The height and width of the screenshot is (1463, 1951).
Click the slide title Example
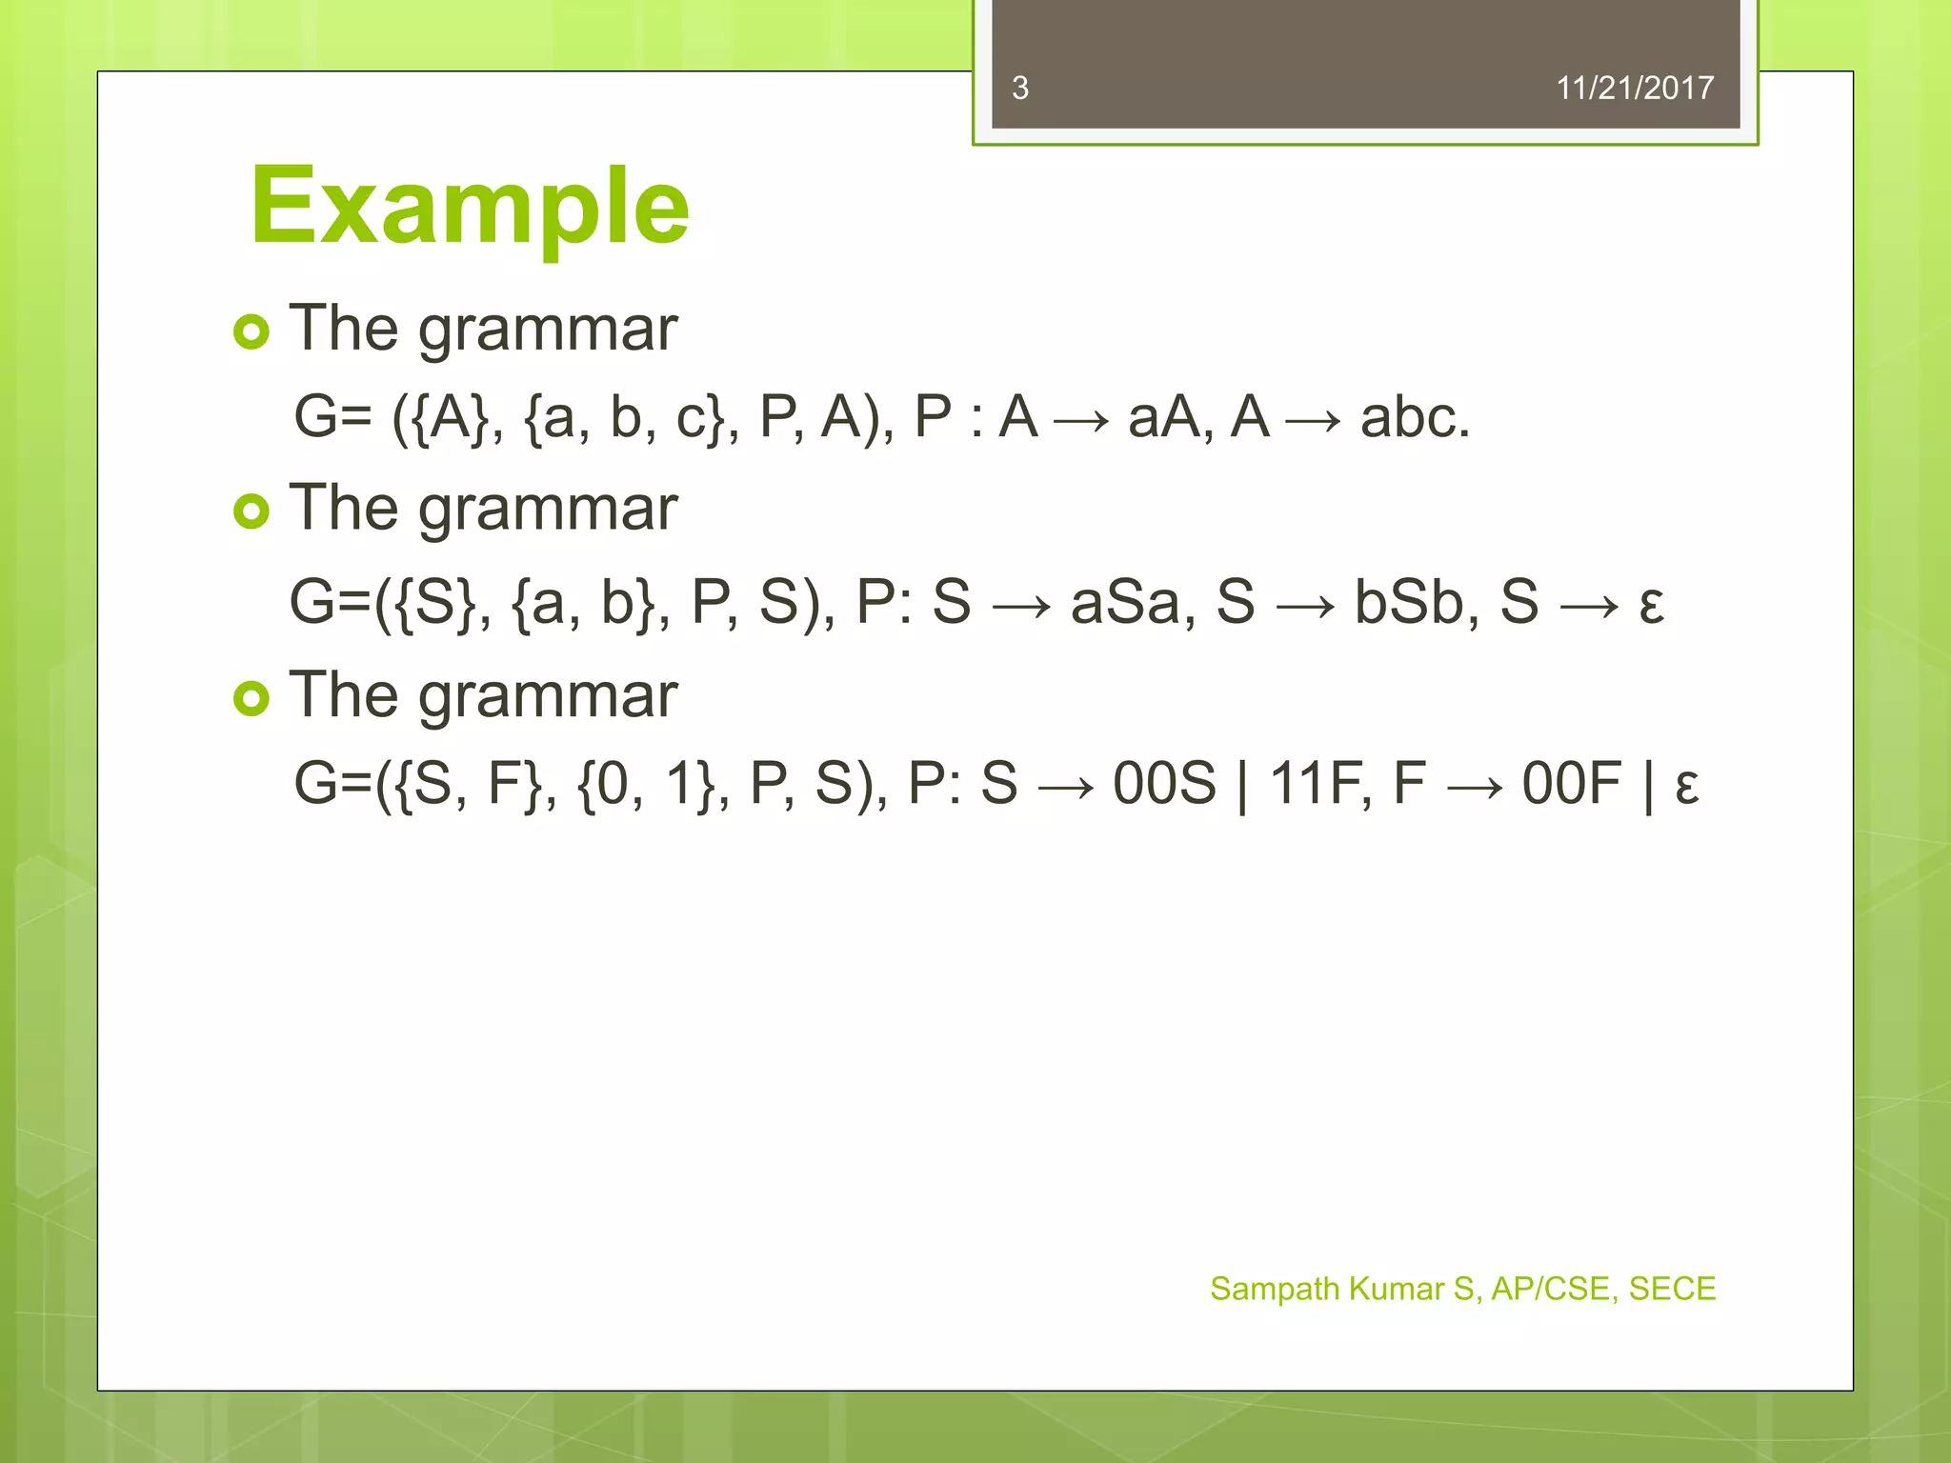click(469, 206)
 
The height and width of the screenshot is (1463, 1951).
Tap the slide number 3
click(1019, 89)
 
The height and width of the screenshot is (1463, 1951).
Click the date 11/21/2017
click(1634, 89)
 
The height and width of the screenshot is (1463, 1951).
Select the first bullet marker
click(251, 331)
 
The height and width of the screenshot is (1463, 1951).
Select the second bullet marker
click(251, 511)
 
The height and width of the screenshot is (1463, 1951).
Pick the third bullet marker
click(251, 698)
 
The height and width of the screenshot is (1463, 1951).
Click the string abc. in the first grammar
click(1415, 417)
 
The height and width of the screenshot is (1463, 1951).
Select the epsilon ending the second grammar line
click(1651, 604)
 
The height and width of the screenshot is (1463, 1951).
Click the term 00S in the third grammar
click(1164, 784)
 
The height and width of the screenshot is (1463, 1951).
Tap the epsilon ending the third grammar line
click(1686, 787)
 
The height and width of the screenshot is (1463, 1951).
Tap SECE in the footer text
click(1672, 1289)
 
